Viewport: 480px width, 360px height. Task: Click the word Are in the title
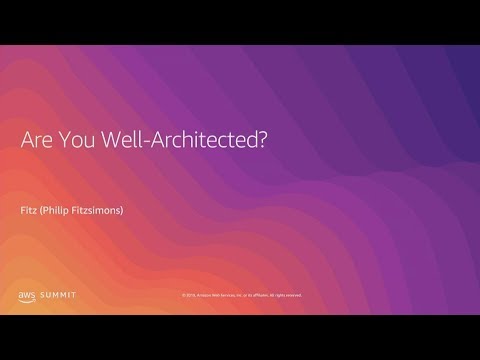click(x=38, y=141)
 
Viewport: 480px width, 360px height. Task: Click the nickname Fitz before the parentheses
click(x=29, y=210)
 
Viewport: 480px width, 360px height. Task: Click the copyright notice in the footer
click(x=241, y=295)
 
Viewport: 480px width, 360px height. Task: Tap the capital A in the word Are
click(x=28, y=141)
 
